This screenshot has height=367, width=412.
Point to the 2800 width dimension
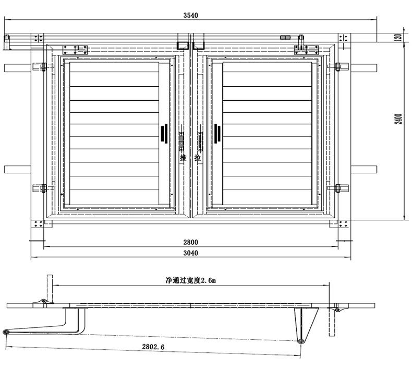[x=191, y=242]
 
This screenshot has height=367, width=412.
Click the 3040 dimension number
[x=191, y=253]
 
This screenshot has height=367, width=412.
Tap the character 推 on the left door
[x=183, y=157]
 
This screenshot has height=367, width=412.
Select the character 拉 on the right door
[x=198, y=157]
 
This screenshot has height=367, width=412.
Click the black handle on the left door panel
[x=164, y=133]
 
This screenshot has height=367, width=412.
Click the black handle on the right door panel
[x=217, y=133]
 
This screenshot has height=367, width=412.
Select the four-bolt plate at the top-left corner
[x=38, y=38]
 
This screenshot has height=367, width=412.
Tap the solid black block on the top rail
[x=285, y=38]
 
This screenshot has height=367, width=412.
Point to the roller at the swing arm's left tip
[x=6, y=333]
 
